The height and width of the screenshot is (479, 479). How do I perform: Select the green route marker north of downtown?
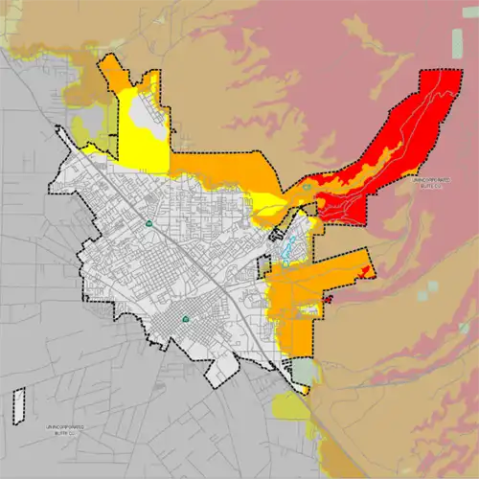coord(148,224)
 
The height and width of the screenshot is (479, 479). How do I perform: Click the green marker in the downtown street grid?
coord(185,319)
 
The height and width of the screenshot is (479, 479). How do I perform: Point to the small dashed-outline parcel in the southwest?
coord(17,405)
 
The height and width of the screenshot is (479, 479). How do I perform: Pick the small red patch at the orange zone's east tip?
coord(328,299)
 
